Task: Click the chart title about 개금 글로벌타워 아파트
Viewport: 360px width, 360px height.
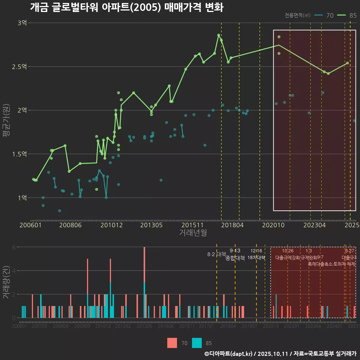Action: pos(126,7)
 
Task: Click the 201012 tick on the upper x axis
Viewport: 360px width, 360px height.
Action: pos(111,225)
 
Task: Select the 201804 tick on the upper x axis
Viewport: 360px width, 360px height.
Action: pos(232,225)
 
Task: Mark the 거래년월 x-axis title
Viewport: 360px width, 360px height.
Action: pos(193,233)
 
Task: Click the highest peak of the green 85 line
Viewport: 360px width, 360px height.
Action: pos(219,35)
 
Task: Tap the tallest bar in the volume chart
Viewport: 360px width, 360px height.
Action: pos(144,282)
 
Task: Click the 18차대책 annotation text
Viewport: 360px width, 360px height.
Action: pos(256,258)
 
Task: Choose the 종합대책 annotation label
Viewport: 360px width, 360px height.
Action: pos(235,258)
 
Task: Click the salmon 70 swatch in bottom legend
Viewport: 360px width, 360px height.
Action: pos(172,343)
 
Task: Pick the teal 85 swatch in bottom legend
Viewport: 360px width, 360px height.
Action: pos(196,343)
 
